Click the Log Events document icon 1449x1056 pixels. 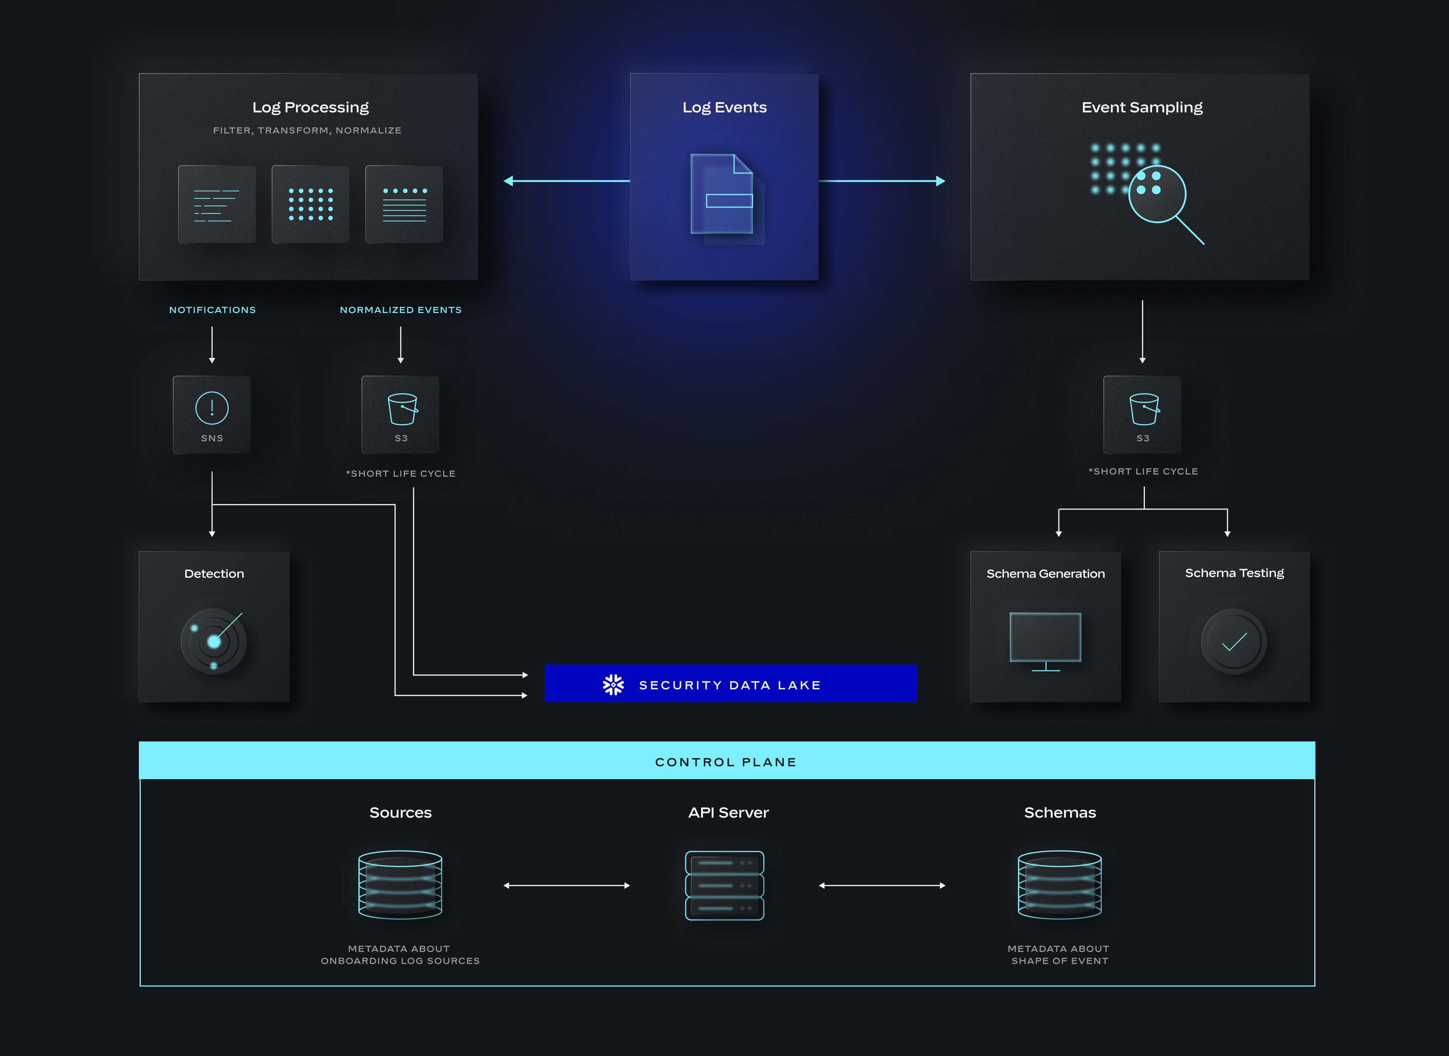point(723,195)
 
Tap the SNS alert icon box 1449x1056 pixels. point(212,414)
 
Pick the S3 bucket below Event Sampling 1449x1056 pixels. point(1142,414)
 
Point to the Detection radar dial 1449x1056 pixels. point(214,641)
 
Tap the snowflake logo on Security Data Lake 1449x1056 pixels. point(613,685)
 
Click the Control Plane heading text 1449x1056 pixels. point(726,762)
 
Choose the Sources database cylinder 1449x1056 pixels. point(400,885)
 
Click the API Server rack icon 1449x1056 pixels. point(724,885)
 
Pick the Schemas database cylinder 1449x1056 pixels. point(1060,885)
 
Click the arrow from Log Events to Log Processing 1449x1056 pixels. point(566,181)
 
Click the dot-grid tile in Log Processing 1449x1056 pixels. point(311,204)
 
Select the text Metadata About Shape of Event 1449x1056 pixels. point(1059,955)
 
